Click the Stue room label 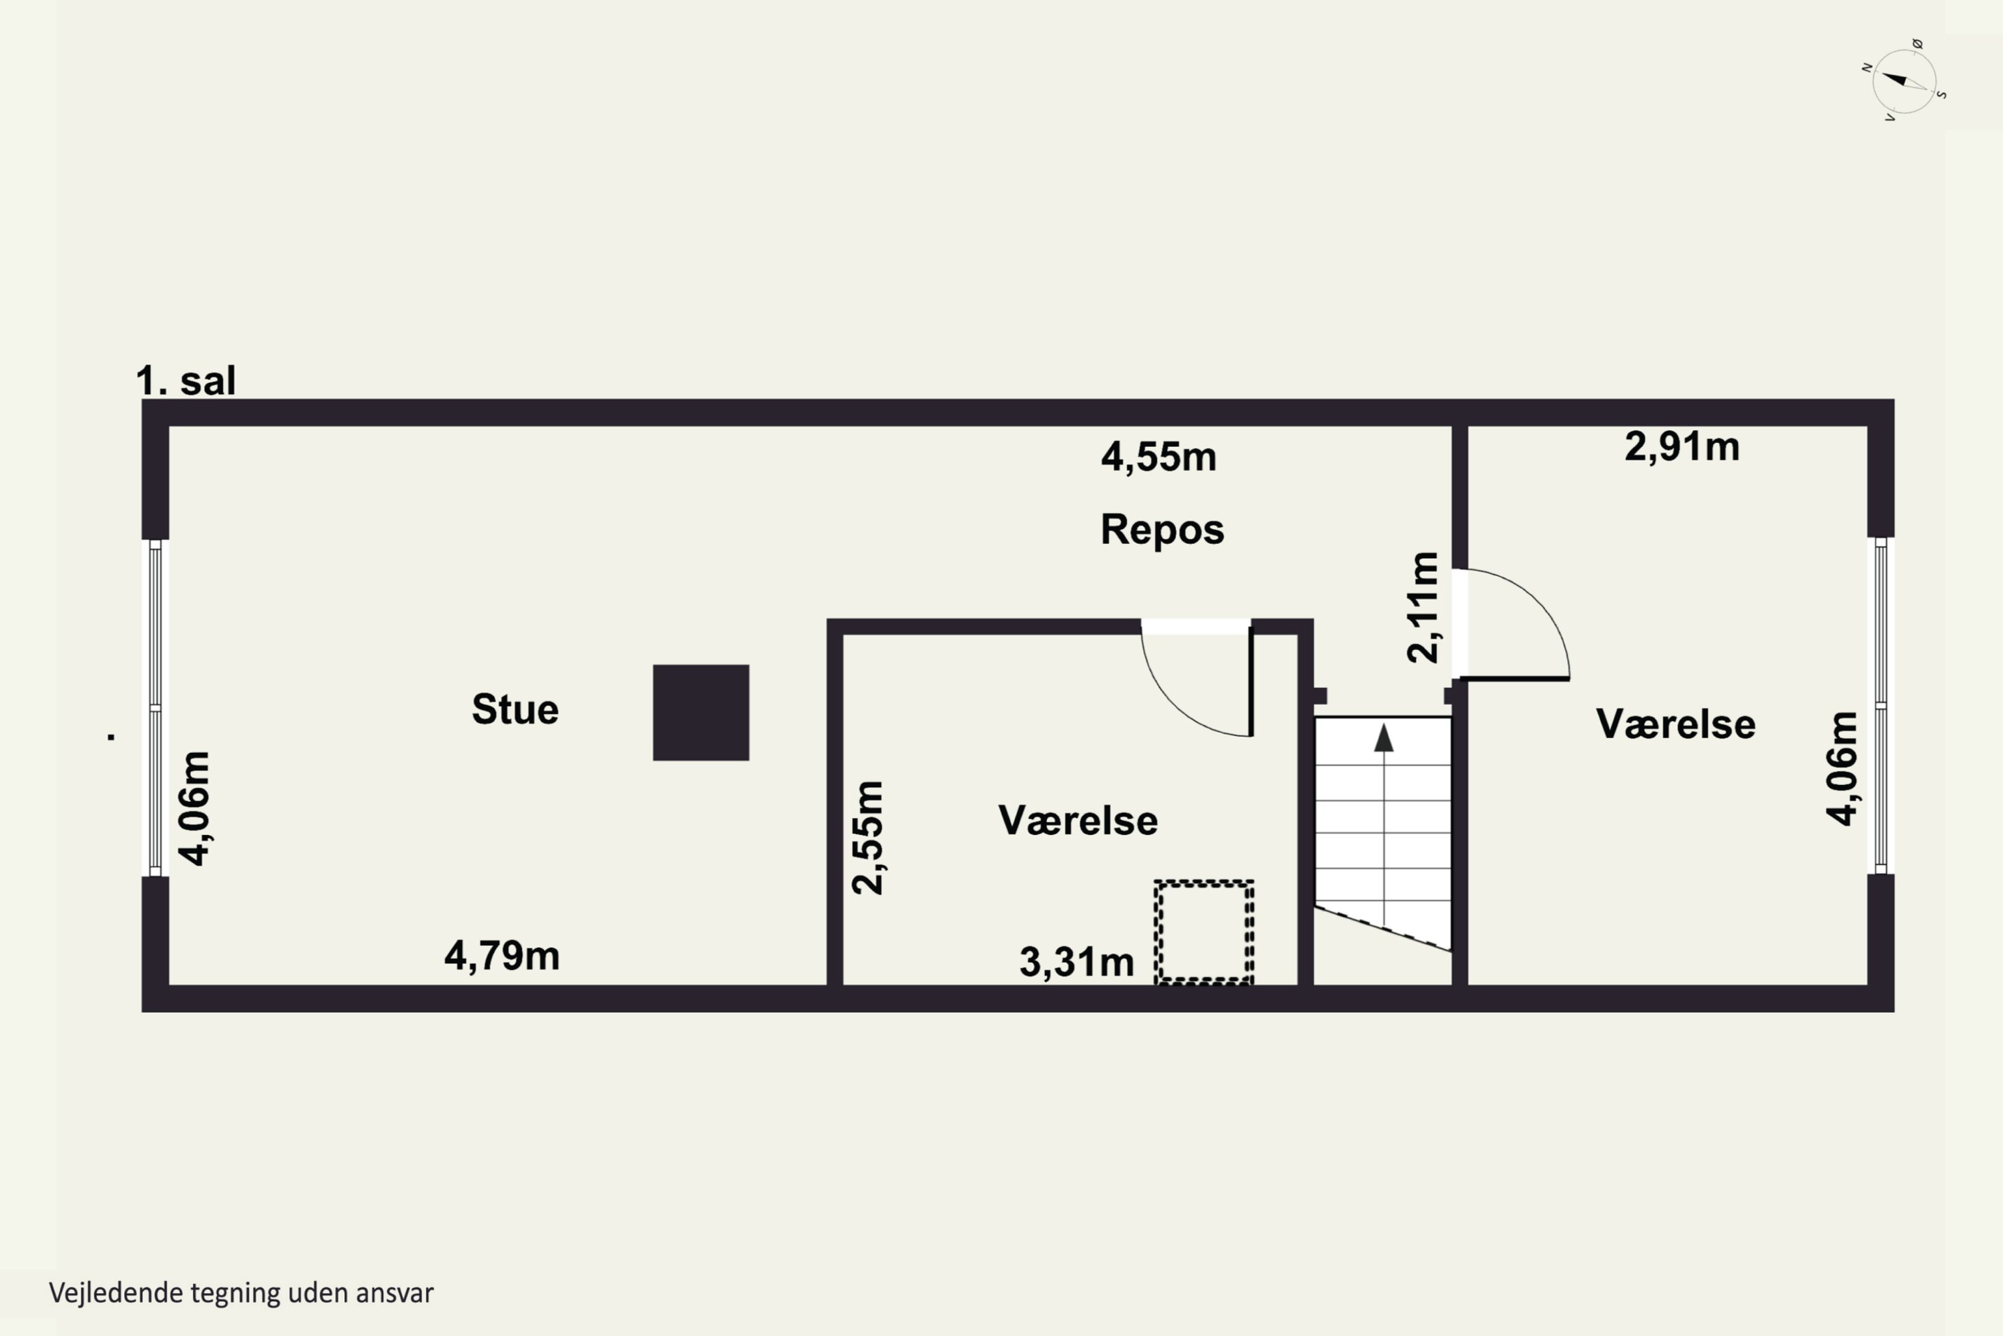coord(515,709)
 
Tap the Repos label coord(1162,530)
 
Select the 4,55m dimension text coord(1158,458)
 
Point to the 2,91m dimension coord(1682,446)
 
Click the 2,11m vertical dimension coord(1423,607)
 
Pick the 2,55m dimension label coord(869,838)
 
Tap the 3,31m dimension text coord(1076,963)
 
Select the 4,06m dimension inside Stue coord(194,808)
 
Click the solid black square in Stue coord(701,712)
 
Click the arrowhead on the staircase coord(1384,738)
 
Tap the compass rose coord(1905,81)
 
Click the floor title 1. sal coord(186,380)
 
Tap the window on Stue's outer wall coord(155,707)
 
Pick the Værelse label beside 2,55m coord(1078,820)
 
